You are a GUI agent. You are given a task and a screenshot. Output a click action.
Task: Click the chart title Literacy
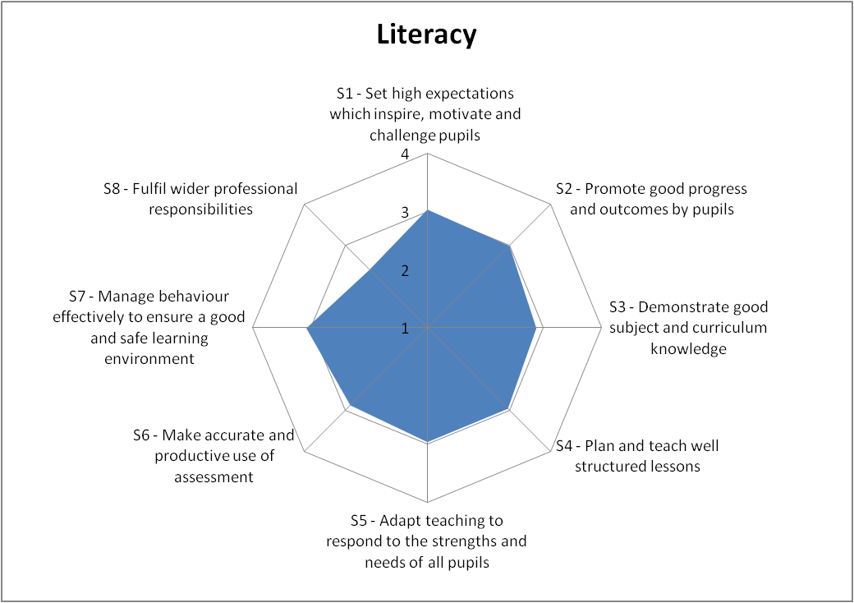(426, 35)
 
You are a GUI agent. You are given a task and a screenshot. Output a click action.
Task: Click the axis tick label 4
(405, 155)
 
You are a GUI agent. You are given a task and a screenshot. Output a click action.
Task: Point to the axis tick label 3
(405, 214)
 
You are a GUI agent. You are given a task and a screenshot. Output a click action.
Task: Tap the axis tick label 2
(405, 271)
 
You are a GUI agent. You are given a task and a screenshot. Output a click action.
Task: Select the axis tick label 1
(405, 329)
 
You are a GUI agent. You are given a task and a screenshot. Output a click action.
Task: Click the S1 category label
(425, 113)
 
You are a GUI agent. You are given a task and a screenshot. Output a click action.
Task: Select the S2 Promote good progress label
(651, 199)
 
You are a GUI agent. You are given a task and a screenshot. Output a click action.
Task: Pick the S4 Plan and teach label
(636, 456)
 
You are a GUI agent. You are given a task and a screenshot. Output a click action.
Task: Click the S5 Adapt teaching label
(426, 541)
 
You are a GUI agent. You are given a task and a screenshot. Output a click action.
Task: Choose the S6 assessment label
(213, 456)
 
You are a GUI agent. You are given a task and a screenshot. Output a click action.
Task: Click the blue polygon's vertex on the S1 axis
(427, 211)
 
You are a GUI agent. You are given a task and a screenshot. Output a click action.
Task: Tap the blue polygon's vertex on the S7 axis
(307, 328)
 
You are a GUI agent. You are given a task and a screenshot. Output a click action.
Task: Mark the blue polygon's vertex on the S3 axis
(535, 328)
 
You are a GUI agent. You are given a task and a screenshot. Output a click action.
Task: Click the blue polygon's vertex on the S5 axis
(427, 442)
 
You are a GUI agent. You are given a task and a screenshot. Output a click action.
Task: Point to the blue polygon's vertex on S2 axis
(510, 245)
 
